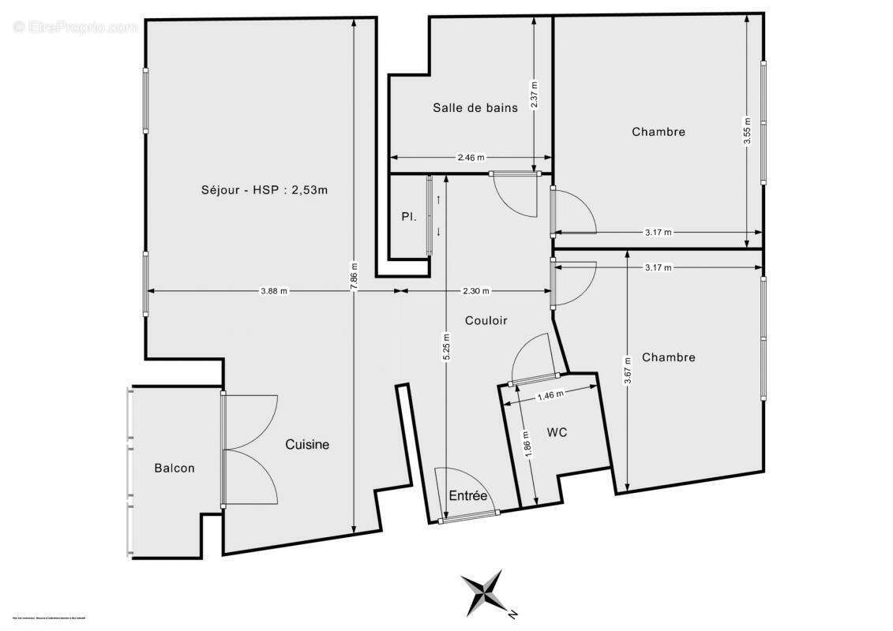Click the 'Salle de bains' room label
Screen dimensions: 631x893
coord(475,107)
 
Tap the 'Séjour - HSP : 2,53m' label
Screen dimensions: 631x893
coord(264,189)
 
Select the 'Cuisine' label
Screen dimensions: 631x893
coord(307,445)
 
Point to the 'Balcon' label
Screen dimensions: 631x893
coord(174,469)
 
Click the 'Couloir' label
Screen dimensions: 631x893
coord(486,320)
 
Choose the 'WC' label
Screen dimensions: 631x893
coord(557,432)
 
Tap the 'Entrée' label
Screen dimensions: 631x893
coord(467,496)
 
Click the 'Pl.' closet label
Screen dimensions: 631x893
coord(408,216)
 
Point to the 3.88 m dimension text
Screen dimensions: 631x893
coord(274,291)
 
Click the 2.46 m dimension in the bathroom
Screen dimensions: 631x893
coord(471,158)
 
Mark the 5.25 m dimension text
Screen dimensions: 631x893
coord(446,347)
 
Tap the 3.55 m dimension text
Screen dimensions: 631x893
coord(747,131)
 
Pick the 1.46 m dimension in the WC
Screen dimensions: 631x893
coord(550,394)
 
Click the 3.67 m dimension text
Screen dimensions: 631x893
coord(627,371)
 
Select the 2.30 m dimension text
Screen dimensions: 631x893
coord(475,291)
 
